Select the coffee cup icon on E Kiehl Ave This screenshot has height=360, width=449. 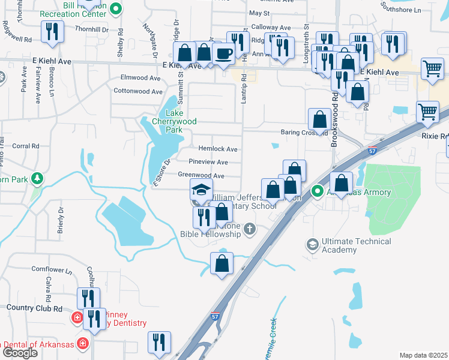tap(223, 55)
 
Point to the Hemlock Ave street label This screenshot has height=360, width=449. tap(217, 149)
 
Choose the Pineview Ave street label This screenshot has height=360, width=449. tap(208, 162)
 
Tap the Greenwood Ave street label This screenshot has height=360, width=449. tap(201, 176)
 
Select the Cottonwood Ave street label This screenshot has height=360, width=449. tap(138, 92)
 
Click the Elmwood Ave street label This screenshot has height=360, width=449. tap(141, 77)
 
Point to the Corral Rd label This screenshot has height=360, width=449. tap(25, 146)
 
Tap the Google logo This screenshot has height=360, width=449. tap(19, 352)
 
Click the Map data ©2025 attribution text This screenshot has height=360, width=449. tap(423, 355)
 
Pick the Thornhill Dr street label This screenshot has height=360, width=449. tap(91, 28)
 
